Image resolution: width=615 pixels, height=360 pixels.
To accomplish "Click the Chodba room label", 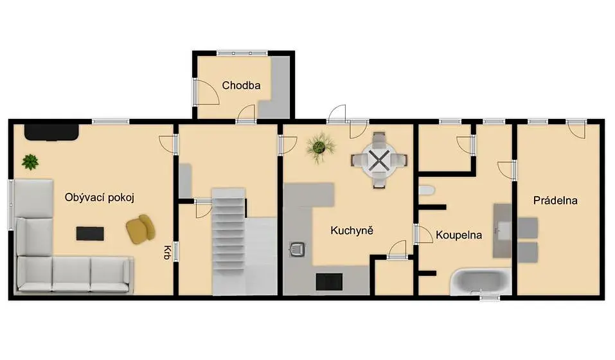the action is [x=241, y=85].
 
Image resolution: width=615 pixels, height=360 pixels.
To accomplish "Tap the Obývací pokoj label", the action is [x=99, y=197].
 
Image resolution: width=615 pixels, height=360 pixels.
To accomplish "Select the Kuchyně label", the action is [x=352, y=230].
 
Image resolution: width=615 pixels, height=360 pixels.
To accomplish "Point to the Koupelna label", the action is [x=458, y=235].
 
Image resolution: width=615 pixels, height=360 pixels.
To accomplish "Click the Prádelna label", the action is [x=555, y=201].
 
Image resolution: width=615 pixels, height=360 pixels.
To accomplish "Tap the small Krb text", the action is [x=167, y=253].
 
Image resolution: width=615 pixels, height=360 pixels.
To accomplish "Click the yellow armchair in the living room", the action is [x=140, y=229].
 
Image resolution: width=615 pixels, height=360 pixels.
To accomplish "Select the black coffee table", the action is [x=90, y=234].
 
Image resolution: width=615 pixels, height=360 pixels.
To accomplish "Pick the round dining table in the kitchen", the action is [x=379, y=161].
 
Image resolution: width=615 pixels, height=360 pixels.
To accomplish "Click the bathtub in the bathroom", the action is [x=481, y=282].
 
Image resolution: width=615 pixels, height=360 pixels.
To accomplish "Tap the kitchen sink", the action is [x=298, y=249].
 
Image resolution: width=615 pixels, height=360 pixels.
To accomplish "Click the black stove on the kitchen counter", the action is [x=329, y=282].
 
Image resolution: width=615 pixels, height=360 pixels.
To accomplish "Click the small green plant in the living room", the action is [x=30, y=161].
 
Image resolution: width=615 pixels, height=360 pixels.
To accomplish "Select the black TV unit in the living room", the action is [x=51, y=132].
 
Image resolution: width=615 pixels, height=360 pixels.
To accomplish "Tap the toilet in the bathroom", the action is [x=426, y=190].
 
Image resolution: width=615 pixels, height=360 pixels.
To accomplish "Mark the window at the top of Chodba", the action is [x=242, y=53].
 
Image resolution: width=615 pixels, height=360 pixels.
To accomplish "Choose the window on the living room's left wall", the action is [x=11, y=204].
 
